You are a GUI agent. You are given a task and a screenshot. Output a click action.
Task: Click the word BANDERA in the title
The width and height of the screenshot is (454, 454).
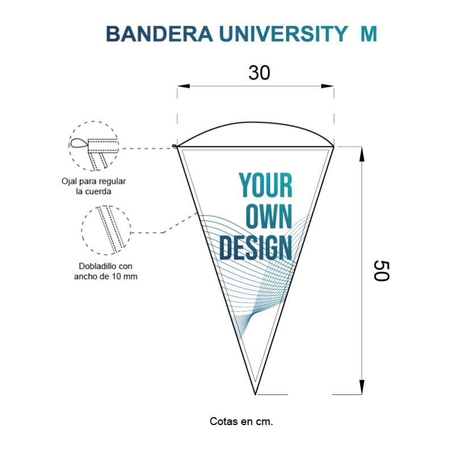coord(159,34)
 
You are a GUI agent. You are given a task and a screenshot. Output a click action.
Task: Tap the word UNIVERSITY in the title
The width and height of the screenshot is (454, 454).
coord(283,34)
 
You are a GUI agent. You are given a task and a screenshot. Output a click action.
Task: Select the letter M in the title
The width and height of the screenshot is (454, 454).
coord(369,34)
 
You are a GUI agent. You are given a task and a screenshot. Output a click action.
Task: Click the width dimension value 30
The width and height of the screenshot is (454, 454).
coord(259,73)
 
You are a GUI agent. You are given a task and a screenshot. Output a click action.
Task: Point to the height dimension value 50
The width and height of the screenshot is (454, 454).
coord(381,271)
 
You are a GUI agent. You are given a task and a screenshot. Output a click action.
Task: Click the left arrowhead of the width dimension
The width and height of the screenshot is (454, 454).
coord(183,86)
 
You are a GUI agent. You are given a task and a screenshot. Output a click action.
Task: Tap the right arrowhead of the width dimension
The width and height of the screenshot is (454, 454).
coord(327,86)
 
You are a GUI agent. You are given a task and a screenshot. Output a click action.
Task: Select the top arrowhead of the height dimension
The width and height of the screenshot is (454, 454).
coord(361,154)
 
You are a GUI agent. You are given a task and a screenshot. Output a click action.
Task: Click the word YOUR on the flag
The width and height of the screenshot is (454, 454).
coord(266,186)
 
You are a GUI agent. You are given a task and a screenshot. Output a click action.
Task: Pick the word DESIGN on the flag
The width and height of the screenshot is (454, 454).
coord(256,247)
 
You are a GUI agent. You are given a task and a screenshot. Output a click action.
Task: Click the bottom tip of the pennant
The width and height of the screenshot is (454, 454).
coord(255,394)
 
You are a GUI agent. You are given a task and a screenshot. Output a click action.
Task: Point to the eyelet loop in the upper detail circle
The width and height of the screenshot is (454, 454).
coord(78,144)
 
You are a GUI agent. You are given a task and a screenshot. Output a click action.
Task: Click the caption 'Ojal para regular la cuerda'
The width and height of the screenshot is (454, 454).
coord(94,186)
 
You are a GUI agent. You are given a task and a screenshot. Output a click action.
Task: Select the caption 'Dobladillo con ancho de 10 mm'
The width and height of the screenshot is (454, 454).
coord(106,271)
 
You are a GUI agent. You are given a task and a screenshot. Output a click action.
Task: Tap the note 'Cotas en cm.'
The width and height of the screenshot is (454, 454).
coord(242,421)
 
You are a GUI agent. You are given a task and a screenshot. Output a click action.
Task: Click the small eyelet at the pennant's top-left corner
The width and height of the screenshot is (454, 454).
coord(174,146)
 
